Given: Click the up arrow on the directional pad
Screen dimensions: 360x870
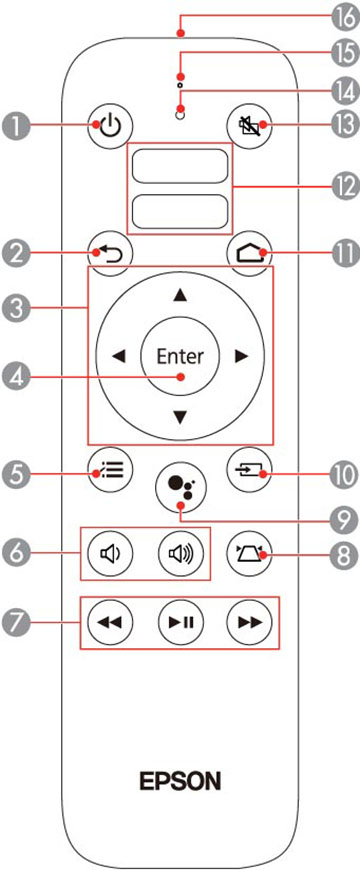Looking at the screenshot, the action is pos(179,296).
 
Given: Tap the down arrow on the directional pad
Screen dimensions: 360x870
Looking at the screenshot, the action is pos(179,417).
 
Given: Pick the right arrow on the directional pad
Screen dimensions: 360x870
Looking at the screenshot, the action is pos(241,357).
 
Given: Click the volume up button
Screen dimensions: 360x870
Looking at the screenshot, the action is pos(180,553).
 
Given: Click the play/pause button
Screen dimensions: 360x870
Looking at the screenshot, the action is pos(180,621).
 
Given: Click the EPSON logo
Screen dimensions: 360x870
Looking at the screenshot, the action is pos(180,781).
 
